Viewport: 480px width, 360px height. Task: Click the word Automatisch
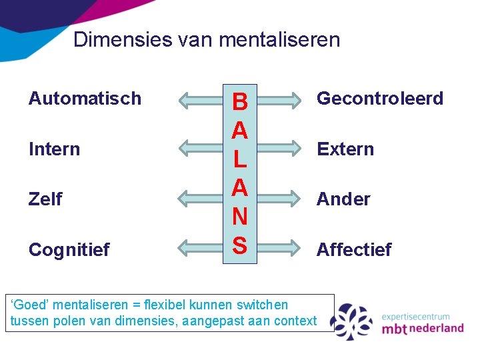[85, 99]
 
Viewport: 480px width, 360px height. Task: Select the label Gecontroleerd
[379, 99]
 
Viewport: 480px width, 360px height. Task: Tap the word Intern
[54, 149]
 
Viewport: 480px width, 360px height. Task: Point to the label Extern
[345, 149]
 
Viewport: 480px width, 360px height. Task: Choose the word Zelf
[45, 199]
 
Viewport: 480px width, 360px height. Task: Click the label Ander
[343, 199]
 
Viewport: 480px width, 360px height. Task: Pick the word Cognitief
[69, 249]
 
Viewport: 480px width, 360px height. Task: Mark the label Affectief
[354, 249]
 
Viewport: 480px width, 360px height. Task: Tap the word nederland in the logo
[436, 329]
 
